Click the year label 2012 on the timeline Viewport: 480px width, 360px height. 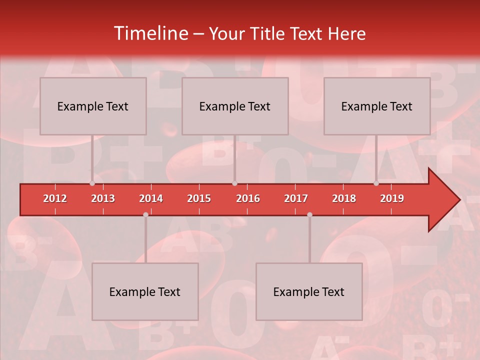pos(55,198)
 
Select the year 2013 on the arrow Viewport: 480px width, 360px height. pos(103,198)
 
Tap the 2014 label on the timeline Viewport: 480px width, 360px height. pos(151,198)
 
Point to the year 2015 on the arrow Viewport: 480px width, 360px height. pos(199,198)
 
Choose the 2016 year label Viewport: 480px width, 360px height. pos(248,198)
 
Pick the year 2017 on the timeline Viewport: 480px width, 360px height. pos(296,198)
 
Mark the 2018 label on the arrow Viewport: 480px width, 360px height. pos(344,198)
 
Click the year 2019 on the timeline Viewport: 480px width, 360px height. pos(392,198)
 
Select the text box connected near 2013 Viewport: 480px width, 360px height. pos(93,106)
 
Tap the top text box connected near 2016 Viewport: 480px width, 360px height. pos(235,106)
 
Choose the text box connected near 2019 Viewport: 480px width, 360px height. pos(377,106)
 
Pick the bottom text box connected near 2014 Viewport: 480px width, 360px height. pos(145,291)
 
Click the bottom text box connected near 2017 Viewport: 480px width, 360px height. pos(309,291)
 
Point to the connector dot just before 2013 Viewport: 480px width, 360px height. pos(92,183)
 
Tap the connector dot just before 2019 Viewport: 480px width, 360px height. pos(376,183)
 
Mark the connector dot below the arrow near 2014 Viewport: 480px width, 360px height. pos(145,214)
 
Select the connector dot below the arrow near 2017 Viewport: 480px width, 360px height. pos(309,214)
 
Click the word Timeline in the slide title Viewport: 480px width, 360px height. pos(150,33)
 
